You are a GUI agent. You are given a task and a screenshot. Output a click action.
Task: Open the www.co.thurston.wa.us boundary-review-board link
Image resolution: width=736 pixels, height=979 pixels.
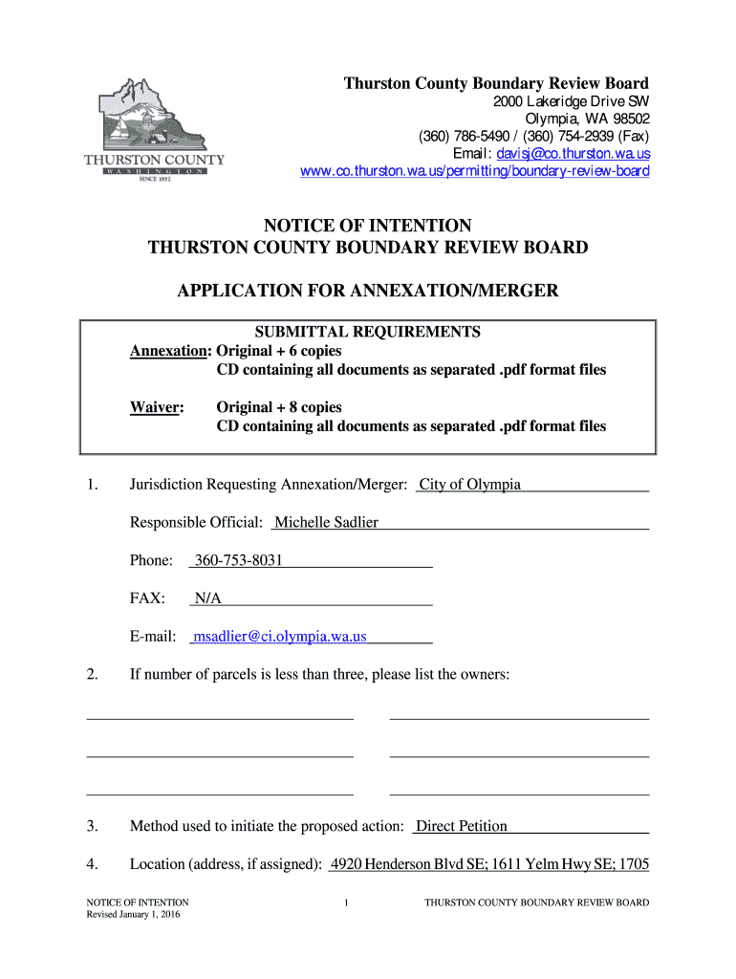pos(474,171)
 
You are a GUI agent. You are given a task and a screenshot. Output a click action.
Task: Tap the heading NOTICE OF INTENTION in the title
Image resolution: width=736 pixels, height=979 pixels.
pos(368,226)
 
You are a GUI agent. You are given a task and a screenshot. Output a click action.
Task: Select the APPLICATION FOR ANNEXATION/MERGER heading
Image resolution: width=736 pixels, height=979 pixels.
pos(368,290)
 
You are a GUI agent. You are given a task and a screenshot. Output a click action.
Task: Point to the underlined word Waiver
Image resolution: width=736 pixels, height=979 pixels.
pos(156,407)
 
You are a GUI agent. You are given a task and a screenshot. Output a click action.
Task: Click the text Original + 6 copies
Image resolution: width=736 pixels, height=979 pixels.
pos(279,351)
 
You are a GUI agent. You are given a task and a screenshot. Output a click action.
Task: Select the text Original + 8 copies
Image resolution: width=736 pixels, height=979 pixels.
pos(279,407)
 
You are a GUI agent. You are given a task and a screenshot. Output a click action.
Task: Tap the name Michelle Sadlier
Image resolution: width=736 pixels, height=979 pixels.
pos(326,522)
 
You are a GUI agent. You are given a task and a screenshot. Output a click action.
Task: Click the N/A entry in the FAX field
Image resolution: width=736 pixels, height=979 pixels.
pos(207,598)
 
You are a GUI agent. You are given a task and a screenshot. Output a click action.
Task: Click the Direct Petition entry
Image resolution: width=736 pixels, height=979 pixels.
pos(462,826)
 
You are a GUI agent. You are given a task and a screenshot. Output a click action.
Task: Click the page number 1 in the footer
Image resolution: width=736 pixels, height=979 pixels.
pos(347,903)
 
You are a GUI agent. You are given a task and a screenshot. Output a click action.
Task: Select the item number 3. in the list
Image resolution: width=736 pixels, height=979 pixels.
pos(92,826)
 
